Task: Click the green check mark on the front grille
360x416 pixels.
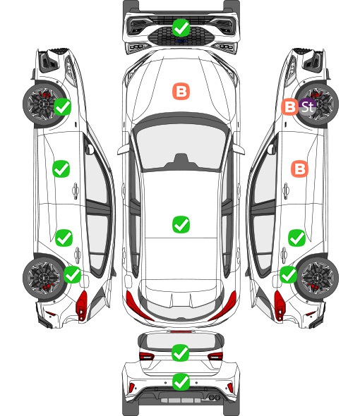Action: [x=181, y=27]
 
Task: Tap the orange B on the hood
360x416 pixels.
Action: [x=181, y=92]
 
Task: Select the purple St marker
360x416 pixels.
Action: [x=308, y=107]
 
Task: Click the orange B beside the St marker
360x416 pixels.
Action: [x=290, y=107]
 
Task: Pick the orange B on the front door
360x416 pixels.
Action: [x=300, y=169]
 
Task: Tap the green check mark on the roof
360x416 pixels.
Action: [x=181, y=224]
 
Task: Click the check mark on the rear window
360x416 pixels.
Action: [x=181, y=353]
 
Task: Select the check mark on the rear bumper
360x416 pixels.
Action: [x=181, y=381]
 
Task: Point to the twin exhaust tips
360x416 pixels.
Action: [x=214, y=397]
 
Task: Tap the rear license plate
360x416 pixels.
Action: [x=181, y=400]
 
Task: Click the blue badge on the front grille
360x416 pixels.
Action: [x=181, y=41]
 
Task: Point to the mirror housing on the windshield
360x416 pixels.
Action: [x=181, y=161]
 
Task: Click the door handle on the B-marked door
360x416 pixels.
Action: [x=286, y=190]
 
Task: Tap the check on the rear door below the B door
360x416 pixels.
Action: [x=297, y=238]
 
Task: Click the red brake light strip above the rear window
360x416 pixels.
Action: [x=181, y=331]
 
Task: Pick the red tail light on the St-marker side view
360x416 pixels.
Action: [x=280, y=305]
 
